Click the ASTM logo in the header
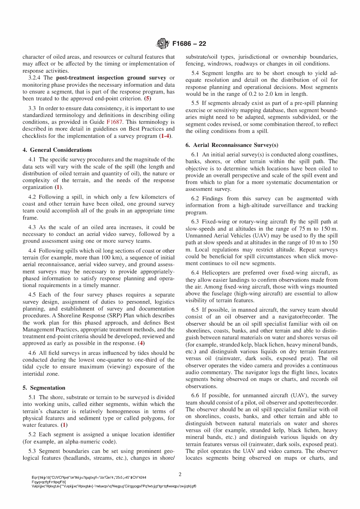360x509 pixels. coord(163,44)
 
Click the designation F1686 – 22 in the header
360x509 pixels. coord(189,44)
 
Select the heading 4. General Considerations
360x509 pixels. coord(57,150)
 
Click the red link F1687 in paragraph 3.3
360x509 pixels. coord(114,122)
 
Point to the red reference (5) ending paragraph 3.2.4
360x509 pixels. coord(147,98)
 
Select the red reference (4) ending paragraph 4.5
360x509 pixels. coord(141,343)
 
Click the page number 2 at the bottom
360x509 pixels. coord(180,475)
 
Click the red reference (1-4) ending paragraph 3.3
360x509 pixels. coord(165,136)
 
